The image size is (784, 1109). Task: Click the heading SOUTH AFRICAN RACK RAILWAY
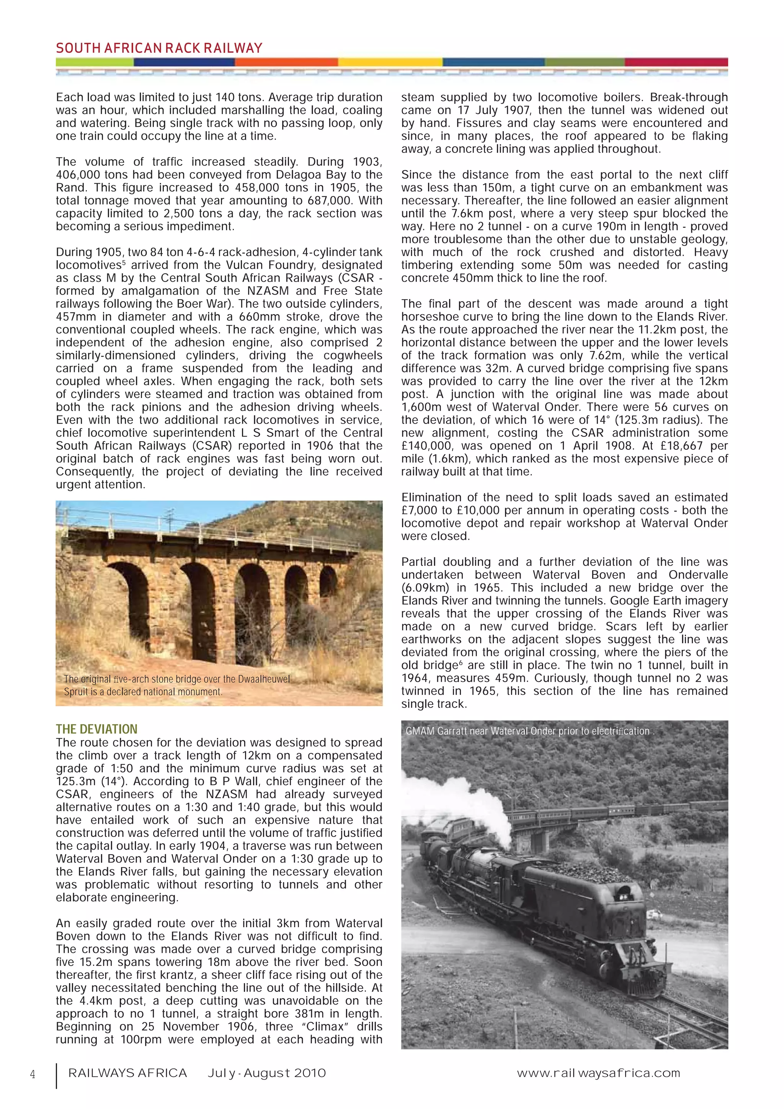[159, 48]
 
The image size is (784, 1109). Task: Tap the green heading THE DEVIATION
[96, 729]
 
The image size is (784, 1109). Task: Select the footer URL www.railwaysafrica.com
[598, 1073]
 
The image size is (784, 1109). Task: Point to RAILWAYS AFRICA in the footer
[127, 1073]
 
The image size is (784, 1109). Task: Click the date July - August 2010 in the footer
[267, 1073]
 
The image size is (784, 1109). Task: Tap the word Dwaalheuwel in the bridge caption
[264, 679]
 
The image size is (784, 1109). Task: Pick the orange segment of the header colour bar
[286, 62]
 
